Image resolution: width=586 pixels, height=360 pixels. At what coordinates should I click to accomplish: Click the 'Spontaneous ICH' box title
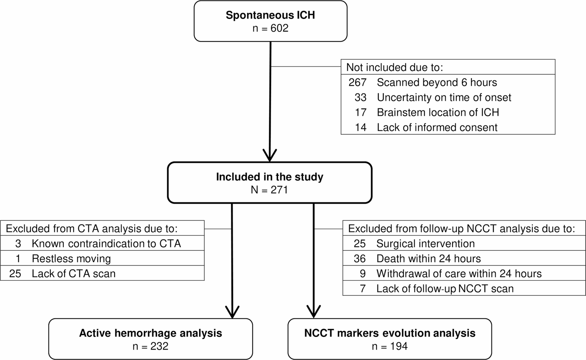tap(270, 15)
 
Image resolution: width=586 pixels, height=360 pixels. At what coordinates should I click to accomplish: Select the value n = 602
tap(270, 28)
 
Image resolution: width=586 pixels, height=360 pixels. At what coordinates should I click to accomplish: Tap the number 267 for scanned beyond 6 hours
tap(357, 82)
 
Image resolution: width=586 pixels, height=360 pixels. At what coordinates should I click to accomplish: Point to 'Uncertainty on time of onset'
tap(444, 97)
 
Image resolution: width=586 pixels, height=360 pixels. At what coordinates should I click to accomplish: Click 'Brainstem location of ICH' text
tap(438, 112)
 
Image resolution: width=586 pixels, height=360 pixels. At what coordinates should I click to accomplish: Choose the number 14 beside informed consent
tap(360, 127)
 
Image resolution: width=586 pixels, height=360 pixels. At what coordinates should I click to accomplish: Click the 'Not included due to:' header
tap(395, 67)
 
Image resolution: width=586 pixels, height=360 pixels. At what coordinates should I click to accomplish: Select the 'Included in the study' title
tap(270, 177)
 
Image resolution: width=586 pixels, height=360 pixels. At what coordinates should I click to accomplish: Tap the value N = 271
tap(269, 190)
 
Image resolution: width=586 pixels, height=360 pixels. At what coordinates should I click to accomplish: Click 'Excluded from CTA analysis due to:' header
tap(92, 229)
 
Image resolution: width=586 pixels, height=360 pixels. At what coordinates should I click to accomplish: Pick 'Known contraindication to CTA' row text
tap(106, 243)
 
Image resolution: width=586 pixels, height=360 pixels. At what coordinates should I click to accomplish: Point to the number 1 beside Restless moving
tap(18, 258)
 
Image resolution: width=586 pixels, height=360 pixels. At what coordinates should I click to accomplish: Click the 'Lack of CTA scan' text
tap(73, 273)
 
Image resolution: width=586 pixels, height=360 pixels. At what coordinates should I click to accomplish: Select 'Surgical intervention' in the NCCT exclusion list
tap(425, 243)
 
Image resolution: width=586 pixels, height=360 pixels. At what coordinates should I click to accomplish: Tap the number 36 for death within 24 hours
tap(360, 258)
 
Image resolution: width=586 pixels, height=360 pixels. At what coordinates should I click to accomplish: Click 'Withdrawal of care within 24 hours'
tap(459, 273)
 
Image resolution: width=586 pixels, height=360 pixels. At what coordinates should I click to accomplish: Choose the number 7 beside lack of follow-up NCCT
tap(363, 288)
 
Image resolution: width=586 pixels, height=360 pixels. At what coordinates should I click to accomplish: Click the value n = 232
tap(150, 346)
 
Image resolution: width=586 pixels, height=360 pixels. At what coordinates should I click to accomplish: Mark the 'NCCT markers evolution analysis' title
tap(390, 333)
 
